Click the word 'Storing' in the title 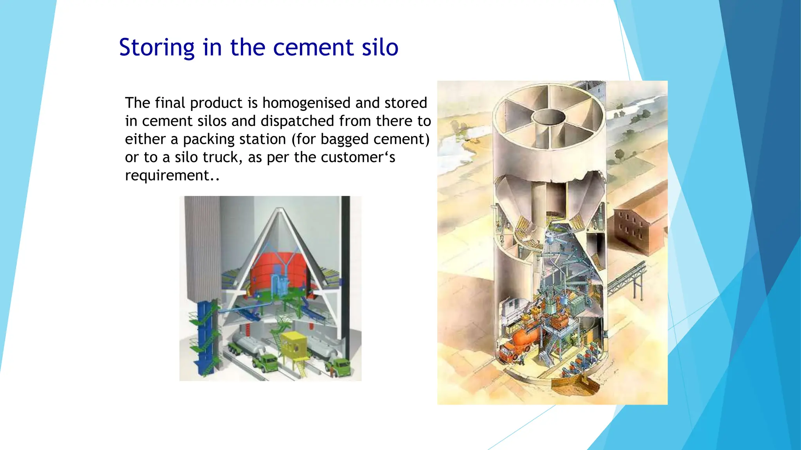(156, 48)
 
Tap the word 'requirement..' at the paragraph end (172, 175)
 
